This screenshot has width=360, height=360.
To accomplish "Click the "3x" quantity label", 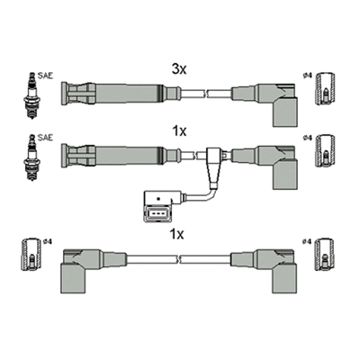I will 179,67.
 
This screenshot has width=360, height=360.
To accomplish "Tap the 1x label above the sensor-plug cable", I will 179,130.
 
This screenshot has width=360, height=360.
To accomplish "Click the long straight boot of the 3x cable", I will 108,91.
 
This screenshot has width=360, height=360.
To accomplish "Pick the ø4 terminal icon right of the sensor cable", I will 327,155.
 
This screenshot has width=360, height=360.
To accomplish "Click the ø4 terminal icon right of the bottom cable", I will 327,257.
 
